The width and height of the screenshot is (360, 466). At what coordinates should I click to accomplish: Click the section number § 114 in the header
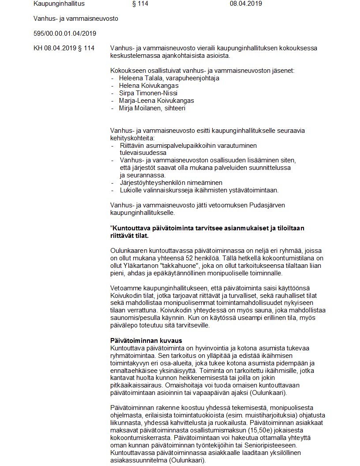(140, 4)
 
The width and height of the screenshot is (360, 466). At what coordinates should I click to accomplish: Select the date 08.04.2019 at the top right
(246, 4)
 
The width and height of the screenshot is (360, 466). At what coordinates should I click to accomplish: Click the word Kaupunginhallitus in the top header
(59, 4)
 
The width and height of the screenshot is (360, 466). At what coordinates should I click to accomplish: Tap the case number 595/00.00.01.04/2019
(65, 34)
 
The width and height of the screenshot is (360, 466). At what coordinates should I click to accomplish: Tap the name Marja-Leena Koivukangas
(156, 101)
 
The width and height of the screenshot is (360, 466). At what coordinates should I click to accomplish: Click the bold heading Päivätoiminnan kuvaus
(146, 341)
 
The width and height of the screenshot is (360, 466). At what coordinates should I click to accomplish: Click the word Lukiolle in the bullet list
(131, 190)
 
